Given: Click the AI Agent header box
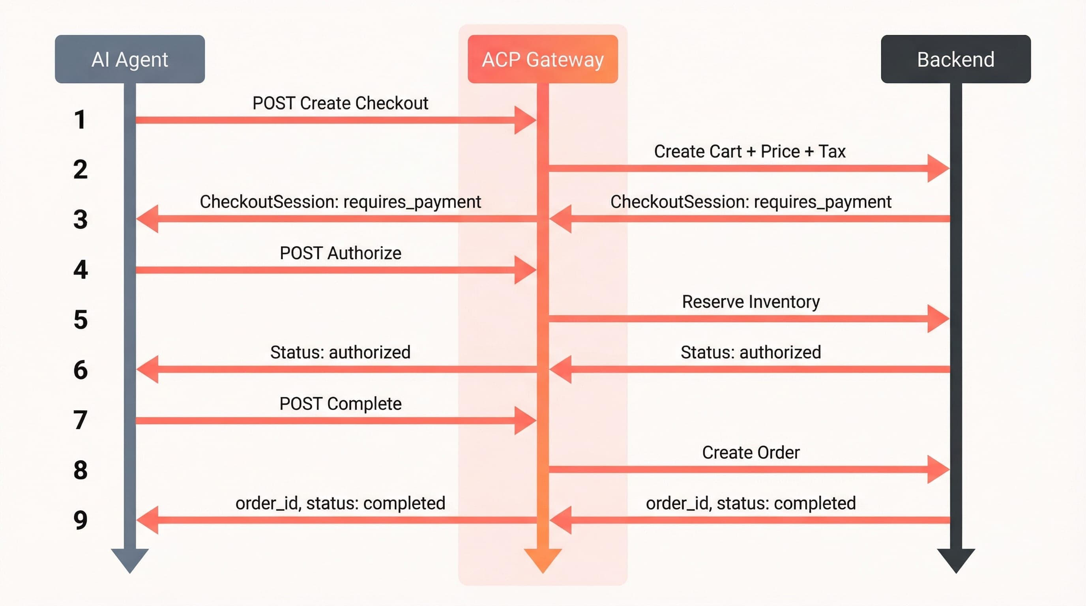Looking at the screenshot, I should (130, 59).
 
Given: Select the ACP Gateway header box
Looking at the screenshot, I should (543, 59).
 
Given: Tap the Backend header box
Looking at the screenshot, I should (955, 59).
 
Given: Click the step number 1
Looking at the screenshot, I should (80, 120).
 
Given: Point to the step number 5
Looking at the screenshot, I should (80, 320).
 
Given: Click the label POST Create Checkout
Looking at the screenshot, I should (340, 103).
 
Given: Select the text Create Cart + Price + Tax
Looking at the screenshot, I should (749, 151).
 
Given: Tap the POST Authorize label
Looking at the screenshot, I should (340, 253).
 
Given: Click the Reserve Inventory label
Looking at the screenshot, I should (751, 302).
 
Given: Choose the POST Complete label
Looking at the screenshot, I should (340, 404).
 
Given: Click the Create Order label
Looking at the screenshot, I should (751, 453).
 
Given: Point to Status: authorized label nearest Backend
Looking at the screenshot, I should (751, 352).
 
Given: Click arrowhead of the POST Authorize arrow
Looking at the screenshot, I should (524, 270).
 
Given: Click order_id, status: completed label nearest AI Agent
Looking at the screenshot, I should (340, 503).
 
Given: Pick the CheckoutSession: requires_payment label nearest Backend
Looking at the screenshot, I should (751, 202).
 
